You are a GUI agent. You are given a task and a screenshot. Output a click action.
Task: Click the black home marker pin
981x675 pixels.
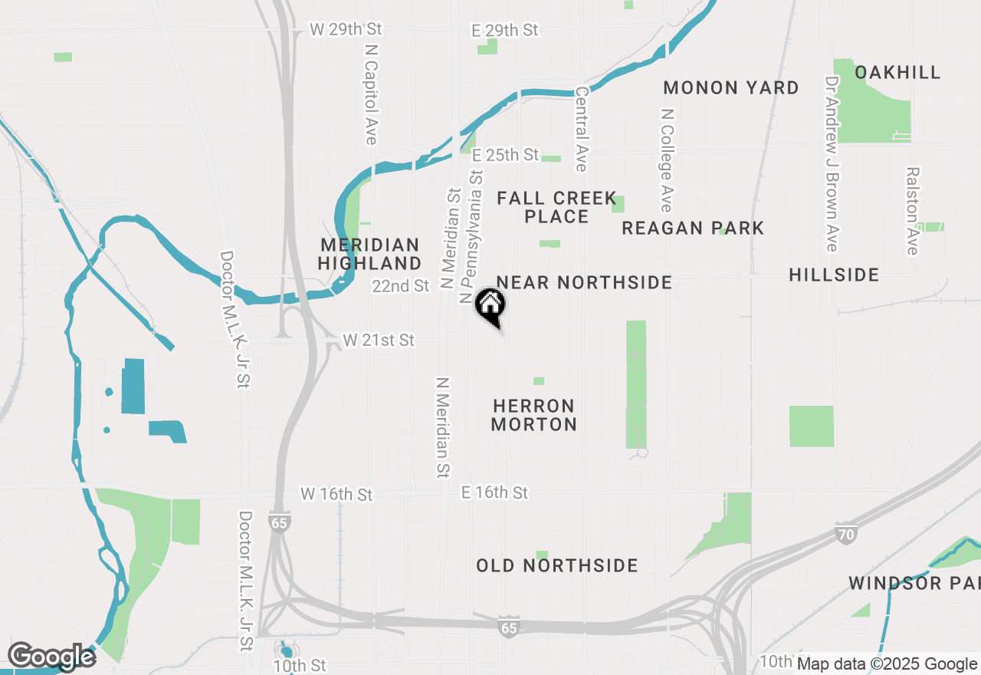pyautogui.click(x=490, y=305)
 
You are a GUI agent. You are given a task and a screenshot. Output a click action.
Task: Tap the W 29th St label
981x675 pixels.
pyautogui.click(x=346, y=29)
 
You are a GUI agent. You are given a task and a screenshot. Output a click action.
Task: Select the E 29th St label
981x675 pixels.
pyautogui.click(x=504, y=30)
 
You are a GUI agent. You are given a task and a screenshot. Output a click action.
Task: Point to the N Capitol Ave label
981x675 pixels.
pyautogui.click(x=372, y=93)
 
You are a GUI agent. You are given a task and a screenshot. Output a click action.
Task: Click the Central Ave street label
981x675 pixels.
pyautogui.click(x=581, y=129)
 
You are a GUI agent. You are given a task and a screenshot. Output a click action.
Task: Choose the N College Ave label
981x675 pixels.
pyautogui.click(x=667, y=160)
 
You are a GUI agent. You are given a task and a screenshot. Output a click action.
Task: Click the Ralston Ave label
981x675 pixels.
pyautogui.click(x=911, y=211)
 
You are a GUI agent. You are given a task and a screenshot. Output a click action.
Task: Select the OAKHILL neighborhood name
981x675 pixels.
pyautogui.click(x=897, y=72)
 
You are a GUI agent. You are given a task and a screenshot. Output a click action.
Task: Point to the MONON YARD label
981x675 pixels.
pyautogui.click(x=730, y=87)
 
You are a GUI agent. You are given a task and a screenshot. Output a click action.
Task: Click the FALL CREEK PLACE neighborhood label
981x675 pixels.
pyautogui.click(x=556, y=207)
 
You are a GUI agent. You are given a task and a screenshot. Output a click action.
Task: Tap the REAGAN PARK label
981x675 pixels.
pyautogui.click(x=692, y=228)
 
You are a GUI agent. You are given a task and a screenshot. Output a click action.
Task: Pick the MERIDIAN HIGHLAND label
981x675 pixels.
pyautogui.click(x=370, y=254)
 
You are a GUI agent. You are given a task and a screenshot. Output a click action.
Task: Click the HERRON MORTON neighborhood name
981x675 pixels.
pyautogui.click(x=533, y=414)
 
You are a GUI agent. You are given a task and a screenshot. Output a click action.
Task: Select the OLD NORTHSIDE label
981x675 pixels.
pyautogui.click(x=556, y=565)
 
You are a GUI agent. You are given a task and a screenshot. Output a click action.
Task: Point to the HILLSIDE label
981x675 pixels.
pyautogui.click(x=833, y=275)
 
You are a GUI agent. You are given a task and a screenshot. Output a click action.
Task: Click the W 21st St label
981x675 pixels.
pyautogui.click(x=379, y=340)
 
